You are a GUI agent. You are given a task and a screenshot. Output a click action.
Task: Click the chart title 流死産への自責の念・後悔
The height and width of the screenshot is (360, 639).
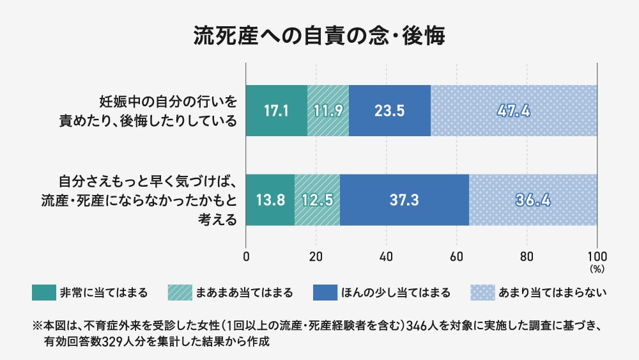[x=319, y=35]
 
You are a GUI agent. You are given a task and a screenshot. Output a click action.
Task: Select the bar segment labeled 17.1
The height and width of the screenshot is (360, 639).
[x=277, y=110]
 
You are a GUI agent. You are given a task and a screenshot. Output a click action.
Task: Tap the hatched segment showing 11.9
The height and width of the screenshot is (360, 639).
[x=328, y=110]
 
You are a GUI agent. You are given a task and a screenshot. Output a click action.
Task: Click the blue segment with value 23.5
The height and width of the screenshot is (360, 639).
[x=390, y=110]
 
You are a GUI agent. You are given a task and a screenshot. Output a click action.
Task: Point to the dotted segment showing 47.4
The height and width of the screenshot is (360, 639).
[x=514, y=110]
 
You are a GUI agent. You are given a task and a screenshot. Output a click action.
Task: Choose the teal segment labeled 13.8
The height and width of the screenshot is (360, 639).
[x=270, y=200]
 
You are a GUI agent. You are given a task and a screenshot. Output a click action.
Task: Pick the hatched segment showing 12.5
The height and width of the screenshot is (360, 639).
[x=317, y=200]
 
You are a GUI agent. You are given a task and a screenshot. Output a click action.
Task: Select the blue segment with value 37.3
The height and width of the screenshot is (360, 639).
[x=404, y=200]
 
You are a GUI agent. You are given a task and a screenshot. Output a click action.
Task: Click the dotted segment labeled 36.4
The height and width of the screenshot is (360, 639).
[x=533, y=200]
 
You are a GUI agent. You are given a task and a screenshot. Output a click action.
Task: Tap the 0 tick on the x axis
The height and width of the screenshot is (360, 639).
[x=247, y=257]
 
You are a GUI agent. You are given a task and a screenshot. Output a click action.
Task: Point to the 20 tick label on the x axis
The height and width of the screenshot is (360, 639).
[x=316, y=257]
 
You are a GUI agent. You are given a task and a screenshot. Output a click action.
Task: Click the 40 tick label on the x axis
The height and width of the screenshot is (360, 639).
[x=386, y=257]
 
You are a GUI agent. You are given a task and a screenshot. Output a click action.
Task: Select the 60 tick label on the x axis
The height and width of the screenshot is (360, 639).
[x=456, y=257]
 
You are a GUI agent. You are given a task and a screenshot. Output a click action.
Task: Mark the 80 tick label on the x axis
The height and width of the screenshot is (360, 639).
[x=527, y=257]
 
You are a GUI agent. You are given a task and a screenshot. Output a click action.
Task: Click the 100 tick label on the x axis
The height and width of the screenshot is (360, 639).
[x=597, y=257]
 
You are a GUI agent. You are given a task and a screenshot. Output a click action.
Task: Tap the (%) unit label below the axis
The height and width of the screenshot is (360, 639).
[x=597, y=269]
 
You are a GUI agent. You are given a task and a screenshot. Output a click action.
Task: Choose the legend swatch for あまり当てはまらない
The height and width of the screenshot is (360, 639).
[x=482, y=293]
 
